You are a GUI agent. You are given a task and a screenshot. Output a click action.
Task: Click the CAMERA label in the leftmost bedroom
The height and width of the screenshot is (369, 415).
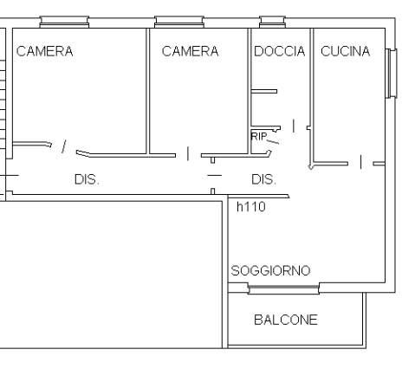coord(44,51)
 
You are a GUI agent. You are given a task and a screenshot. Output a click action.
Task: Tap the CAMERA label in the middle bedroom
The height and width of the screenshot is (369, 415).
coord(190,51)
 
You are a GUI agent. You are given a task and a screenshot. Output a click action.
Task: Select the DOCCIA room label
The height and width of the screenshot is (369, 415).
coord(280,51)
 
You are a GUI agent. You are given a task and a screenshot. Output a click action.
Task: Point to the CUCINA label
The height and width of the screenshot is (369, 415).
coord(346,51)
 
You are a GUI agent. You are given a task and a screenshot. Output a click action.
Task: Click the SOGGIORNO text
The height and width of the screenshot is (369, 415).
coord(270,270)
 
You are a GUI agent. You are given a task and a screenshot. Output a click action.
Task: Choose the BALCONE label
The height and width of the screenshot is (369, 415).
coord(286,320)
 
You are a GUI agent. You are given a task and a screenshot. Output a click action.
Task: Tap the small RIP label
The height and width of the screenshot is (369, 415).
coord(259,136)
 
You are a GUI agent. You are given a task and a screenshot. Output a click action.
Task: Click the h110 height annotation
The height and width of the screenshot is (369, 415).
coord(251,207)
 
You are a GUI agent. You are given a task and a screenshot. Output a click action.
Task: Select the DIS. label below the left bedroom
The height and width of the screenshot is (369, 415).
coord(87,179)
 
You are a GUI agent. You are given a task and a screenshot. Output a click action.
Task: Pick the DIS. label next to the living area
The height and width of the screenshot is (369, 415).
coord(263,179)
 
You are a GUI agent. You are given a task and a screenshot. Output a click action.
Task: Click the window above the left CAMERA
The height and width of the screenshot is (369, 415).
coord(64,22)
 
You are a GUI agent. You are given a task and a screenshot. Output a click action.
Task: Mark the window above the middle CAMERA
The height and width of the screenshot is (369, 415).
coord(179,22)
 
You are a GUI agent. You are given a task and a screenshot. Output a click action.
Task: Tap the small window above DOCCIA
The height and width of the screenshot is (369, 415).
coord(272,22)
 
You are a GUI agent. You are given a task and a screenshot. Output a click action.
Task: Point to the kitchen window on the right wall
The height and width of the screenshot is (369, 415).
coord(392,73)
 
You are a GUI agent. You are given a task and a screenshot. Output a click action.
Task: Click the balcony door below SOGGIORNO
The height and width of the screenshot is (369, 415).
coord(283,288)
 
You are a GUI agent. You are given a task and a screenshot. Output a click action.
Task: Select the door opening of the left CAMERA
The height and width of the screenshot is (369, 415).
coord(64,146)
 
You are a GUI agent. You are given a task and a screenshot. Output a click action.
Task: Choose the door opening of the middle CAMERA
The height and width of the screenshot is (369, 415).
coord(188,153)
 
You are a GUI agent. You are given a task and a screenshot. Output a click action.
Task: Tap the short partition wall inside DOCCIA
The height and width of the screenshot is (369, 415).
coord(264,92)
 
